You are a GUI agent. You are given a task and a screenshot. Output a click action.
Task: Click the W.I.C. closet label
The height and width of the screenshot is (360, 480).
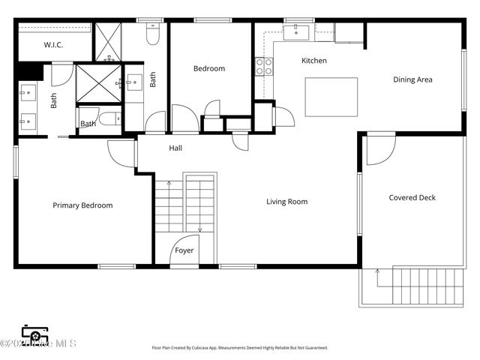[53, 45]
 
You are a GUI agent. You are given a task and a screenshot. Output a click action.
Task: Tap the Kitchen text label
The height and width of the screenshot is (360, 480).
[314, 61]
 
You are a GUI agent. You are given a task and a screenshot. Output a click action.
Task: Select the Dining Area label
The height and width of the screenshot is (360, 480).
[412, 79]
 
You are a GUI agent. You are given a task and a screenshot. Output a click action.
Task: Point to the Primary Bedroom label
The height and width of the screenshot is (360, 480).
[82, 205]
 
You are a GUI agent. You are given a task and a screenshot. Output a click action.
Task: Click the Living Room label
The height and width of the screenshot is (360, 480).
[287, 202]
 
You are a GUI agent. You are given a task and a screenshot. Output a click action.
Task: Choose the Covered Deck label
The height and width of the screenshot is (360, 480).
[412, 198]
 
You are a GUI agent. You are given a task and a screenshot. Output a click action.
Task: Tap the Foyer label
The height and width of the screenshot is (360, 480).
[184, 250]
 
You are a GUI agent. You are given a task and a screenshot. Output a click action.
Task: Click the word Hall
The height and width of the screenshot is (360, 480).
[175, 148]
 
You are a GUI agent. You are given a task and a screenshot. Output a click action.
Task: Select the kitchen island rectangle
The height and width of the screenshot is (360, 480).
[331, 97]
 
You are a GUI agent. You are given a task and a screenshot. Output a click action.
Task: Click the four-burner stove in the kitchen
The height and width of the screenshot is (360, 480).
[264, 66]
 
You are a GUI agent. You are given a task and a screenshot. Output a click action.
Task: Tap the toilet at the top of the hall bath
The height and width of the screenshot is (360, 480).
[153, 34]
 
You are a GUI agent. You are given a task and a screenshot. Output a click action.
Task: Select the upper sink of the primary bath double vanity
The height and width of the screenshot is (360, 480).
[27, 94]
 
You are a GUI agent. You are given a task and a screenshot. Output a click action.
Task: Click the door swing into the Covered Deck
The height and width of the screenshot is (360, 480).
[379, 148]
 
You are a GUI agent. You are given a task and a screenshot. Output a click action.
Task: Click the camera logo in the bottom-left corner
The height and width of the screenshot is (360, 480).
[34, 334]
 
